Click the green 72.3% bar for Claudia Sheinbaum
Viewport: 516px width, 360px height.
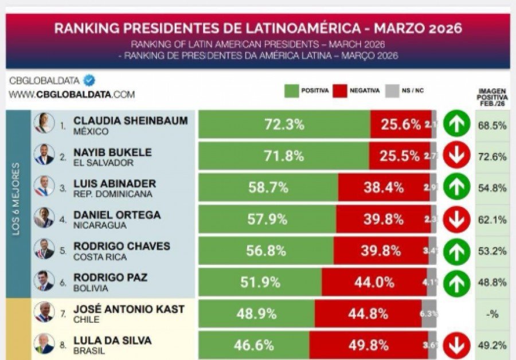click(x=284, y=124)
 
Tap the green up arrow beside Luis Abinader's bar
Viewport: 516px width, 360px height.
click(x=456, y=187)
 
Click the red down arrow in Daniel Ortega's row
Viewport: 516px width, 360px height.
click(x=456, y=219)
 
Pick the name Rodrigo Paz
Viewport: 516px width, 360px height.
click(x=110, y=277)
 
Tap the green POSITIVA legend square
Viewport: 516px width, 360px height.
click(x=292, y=91)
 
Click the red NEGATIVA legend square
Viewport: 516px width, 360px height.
click(x=341, y=91)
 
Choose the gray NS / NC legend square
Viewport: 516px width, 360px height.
click(x=392, y=91)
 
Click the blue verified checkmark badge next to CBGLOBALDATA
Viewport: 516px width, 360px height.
click(x=89, y=80)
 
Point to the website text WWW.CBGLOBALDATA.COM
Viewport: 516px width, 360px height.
click(x=72, y=95)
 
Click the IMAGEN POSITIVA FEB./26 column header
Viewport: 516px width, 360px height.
click(x=491, y=97)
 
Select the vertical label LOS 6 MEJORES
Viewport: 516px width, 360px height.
click(x=17, y=204)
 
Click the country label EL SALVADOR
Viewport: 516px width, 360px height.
click(x=103, y=163)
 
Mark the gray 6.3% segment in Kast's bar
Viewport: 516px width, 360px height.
click(x=429, y=314)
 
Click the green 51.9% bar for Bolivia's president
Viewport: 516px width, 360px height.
click(x=259, y=282)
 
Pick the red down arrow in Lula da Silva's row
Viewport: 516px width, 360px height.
click(x=456, y=345)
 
